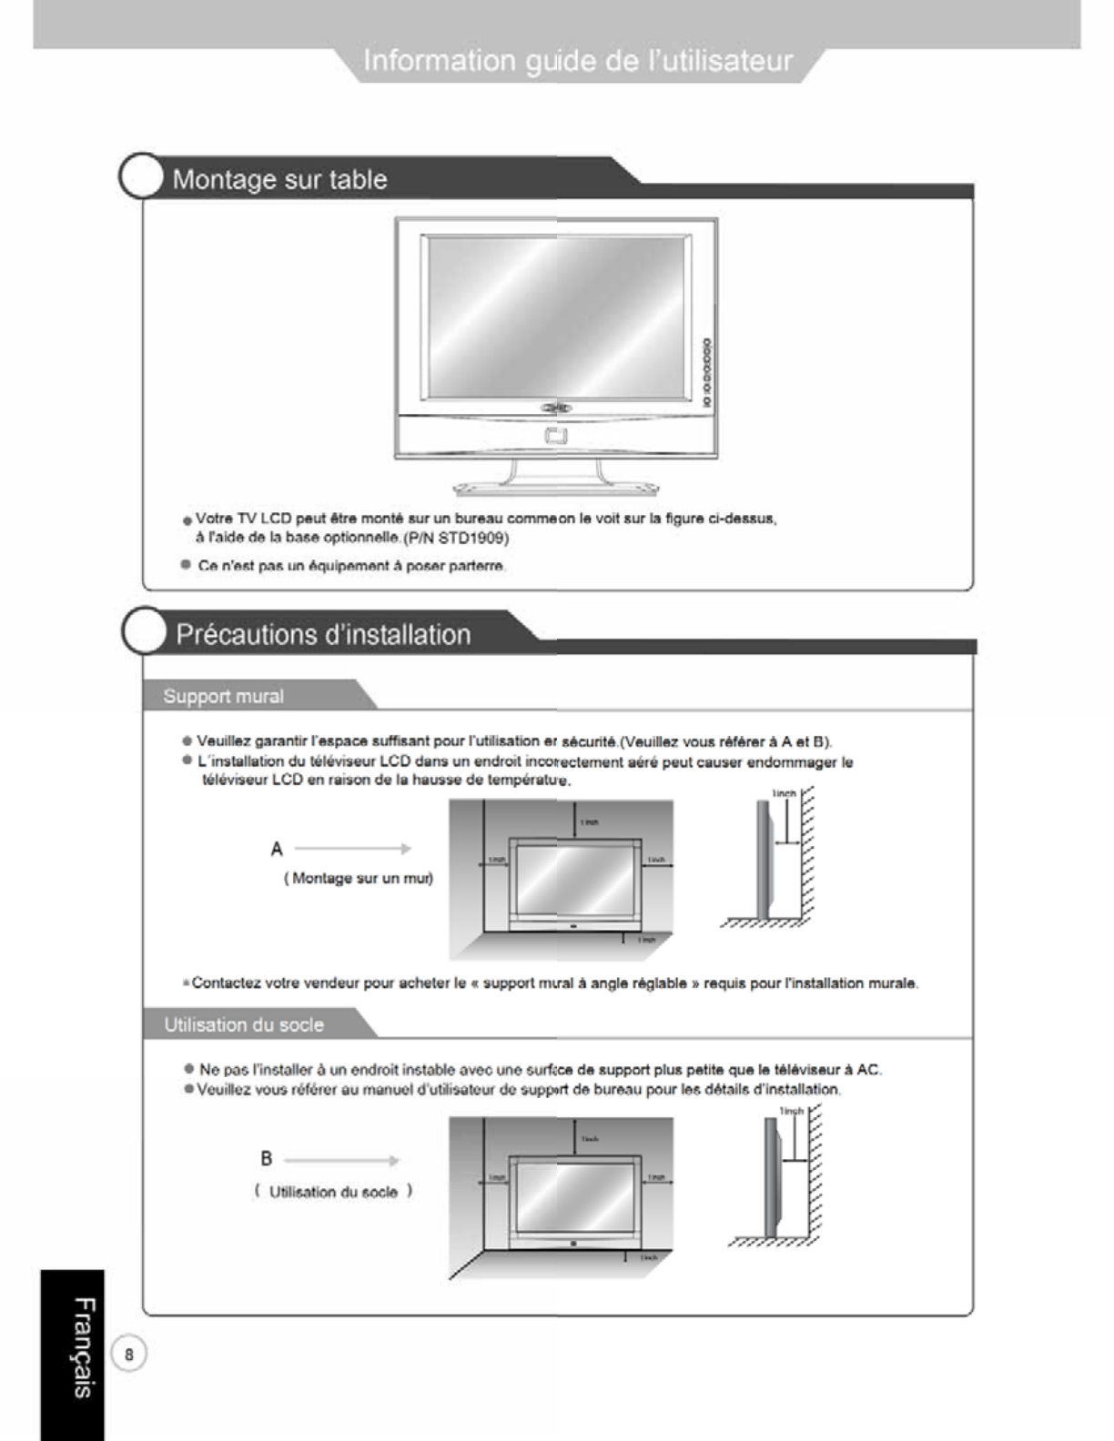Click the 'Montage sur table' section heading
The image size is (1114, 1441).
point(279,179)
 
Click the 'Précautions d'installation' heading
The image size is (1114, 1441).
point(323,634)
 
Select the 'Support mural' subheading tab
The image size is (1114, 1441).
point(223,696)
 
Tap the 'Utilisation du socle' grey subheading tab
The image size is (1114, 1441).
point(243,1024)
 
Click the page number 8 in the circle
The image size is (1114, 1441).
point(129,1354)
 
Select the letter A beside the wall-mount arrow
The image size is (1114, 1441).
point(277,849)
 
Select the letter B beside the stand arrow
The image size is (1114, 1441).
point(266,1158)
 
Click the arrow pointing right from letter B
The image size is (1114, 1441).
point(341,1161)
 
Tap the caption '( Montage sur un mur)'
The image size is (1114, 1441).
point(359,878)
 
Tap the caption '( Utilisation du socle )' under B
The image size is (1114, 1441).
point(333,1192)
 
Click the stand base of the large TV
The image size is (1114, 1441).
point(555,486)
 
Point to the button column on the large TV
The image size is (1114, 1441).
point(706,372)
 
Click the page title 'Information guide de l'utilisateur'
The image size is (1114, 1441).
point(578,61)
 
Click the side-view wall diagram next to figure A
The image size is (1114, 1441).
point(778,860)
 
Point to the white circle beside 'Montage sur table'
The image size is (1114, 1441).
point(141,176)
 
